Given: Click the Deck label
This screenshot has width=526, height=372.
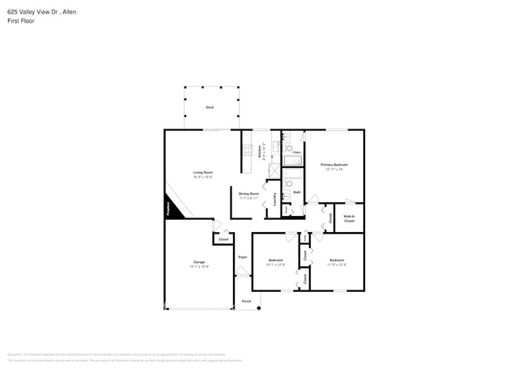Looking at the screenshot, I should (210, 107).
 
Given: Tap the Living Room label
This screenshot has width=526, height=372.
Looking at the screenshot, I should (203, 173).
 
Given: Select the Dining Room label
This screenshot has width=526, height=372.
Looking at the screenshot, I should (248, 194).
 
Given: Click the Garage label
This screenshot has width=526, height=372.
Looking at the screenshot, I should (199, 263).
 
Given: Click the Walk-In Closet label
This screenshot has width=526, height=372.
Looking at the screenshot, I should (350, 218).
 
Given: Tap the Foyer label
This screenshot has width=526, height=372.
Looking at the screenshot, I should (242, 257).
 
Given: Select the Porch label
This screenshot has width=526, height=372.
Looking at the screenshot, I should (246, 301).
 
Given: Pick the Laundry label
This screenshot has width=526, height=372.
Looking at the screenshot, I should (275, 198).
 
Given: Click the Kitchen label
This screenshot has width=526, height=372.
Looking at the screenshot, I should (260, 151).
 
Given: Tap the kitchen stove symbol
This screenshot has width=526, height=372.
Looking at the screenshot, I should (247, 150).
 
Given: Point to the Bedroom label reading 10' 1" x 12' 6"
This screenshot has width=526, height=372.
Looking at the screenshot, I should (275, 262).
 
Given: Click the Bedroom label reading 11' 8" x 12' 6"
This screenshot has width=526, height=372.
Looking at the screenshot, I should (337, 262).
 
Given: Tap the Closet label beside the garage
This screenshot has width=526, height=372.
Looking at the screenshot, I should (223, 239).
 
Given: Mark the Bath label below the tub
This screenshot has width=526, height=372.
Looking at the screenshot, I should (296, 192).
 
